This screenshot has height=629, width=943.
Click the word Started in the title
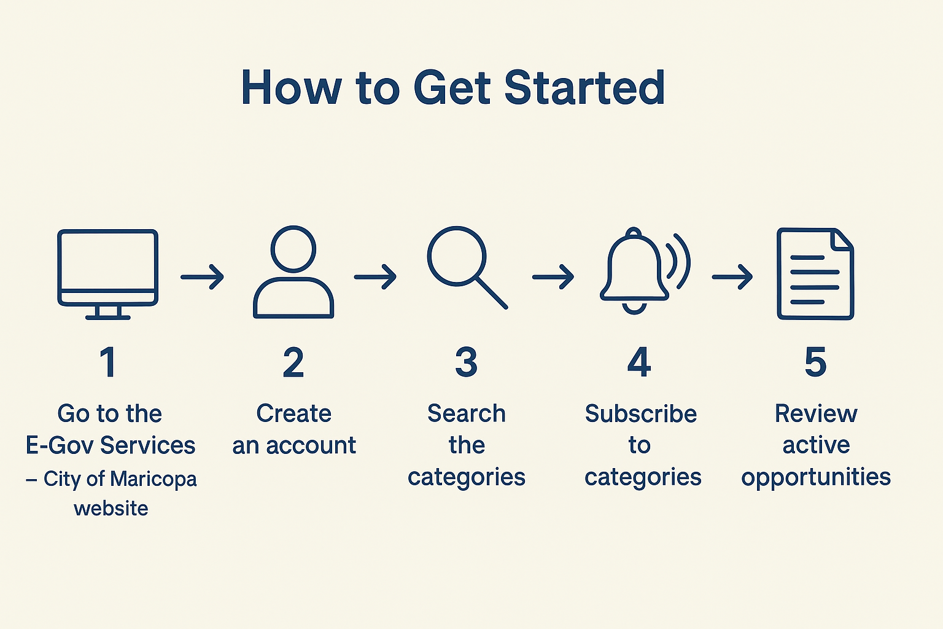point(584,88)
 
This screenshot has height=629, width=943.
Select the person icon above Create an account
point(293,273)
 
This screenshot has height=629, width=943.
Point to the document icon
point(815,274)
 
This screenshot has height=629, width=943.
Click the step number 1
point(108,362)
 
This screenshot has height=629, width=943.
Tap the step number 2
point(293,362)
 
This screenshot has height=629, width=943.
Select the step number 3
point(467,362)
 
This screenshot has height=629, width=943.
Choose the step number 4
point(639,362)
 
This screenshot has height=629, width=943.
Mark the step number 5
point(815,362)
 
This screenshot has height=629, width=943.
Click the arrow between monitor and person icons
point(203,277)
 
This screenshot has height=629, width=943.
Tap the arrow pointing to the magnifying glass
point(376,277)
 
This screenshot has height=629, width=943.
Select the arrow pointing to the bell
point(553,277)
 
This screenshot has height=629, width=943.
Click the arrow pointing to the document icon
point(732,277)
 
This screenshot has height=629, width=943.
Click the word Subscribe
point(640,414)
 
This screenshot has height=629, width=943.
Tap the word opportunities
point(816,477)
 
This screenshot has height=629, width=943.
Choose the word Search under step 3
point(467,414)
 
